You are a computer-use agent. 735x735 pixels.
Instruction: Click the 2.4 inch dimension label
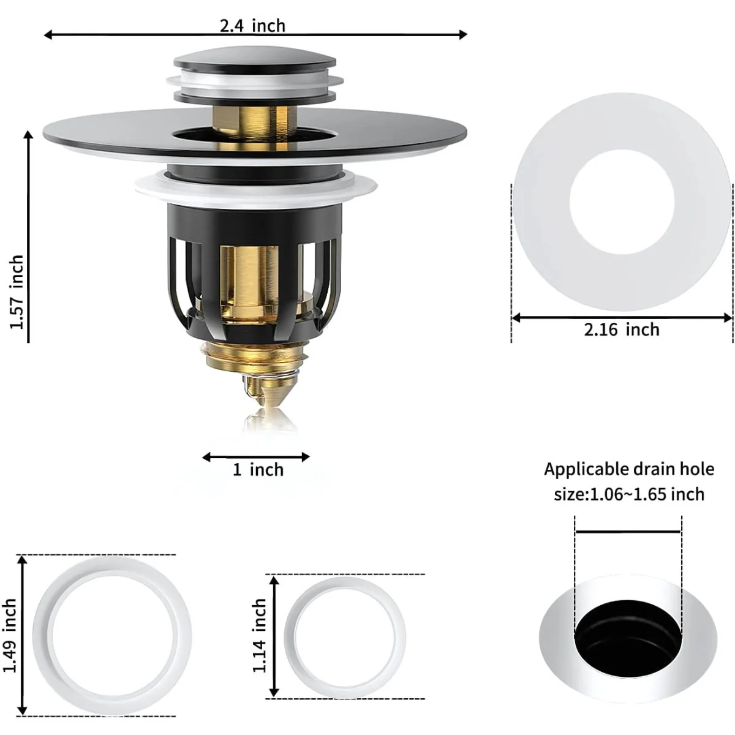[252, 26]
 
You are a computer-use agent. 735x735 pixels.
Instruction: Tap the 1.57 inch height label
[17, 292]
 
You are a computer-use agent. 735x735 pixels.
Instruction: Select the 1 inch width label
[258, 470]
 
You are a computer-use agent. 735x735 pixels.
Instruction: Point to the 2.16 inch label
[622, 330]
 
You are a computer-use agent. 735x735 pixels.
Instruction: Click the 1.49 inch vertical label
[10, 635]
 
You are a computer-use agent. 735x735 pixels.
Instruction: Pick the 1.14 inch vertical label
[259, 635]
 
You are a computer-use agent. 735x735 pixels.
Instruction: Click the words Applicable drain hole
[629, 469]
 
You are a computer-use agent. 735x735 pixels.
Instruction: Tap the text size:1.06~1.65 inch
[629, 494]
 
